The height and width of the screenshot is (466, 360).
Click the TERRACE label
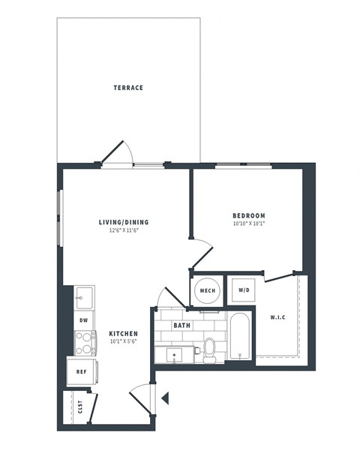128,88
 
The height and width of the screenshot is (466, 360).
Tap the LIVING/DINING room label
124,222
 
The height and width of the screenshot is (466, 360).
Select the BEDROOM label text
248,215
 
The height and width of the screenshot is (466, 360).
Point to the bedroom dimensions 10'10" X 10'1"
248,224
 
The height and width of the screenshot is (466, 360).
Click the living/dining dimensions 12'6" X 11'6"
124,230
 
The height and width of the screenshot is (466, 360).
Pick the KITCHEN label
122,333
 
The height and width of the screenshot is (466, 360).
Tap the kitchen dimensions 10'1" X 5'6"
122,342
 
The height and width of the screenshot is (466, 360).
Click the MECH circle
207,290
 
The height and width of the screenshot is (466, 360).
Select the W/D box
244,290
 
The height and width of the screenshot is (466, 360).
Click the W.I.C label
277,317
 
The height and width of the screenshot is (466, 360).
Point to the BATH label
181,326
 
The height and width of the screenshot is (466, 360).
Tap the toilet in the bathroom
209,350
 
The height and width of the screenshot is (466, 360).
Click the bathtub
241,338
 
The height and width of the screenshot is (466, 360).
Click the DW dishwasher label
84,320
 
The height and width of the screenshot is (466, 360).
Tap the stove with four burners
85,343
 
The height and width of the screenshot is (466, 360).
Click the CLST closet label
79,407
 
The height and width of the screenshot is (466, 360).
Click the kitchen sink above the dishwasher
84,297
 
